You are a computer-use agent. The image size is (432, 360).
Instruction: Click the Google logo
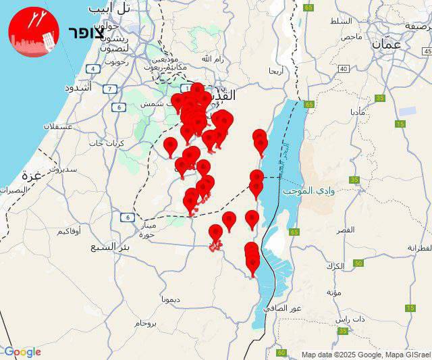pos(22,352)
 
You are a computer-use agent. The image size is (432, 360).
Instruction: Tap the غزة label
pos(32,176)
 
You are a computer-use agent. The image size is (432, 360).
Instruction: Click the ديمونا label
pos(170,298)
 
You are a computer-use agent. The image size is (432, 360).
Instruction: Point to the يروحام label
pos(145,324)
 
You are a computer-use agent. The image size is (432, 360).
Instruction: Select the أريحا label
pos(276,70)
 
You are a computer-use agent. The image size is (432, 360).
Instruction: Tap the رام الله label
pos(216,59)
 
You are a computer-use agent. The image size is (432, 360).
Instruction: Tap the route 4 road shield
pos(92,69)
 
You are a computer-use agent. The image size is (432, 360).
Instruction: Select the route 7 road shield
pos(109,88)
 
